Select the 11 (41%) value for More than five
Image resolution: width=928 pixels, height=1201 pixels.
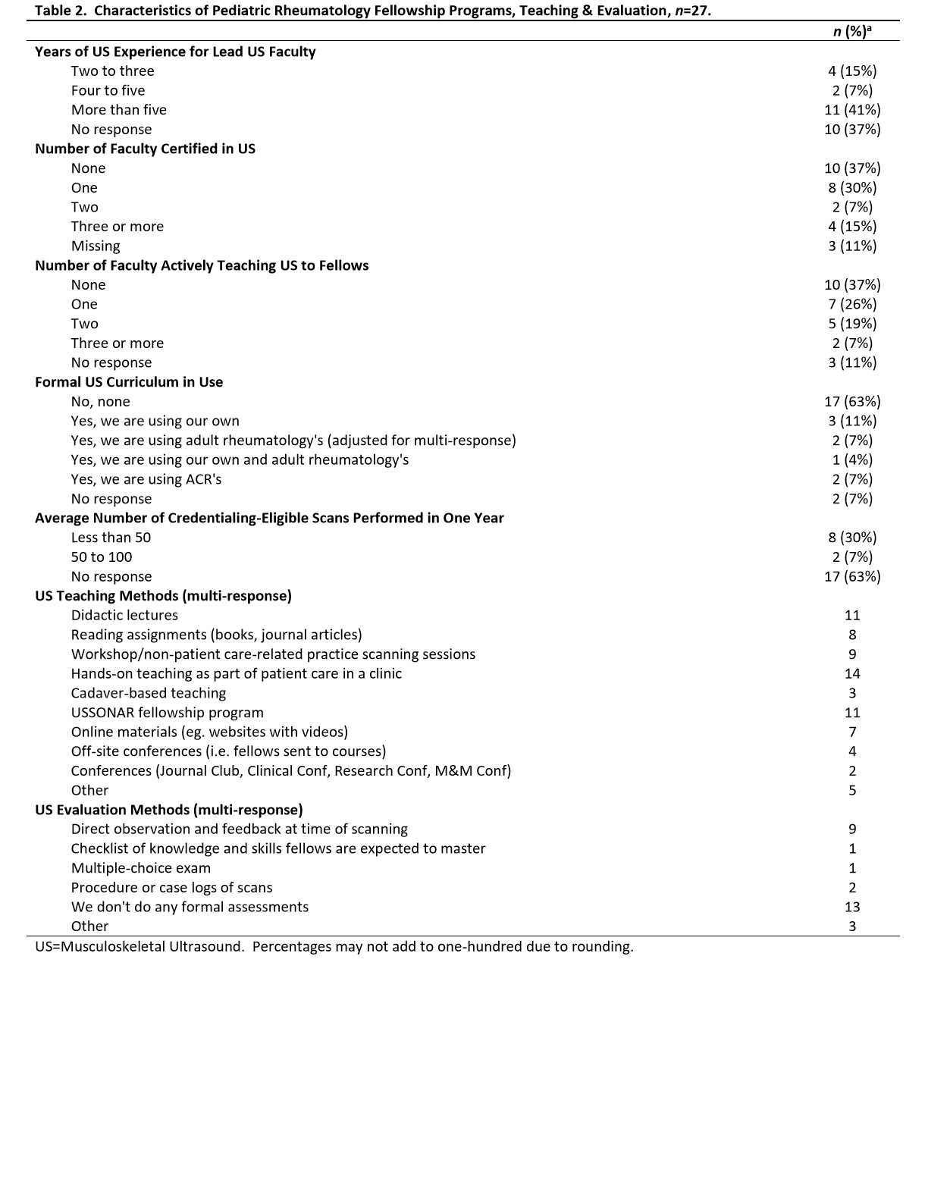tap(852, 110)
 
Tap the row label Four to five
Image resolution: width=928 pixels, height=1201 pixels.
tap(108, 90)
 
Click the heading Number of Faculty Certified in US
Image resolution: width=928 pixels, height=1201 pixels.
tap(145, 149)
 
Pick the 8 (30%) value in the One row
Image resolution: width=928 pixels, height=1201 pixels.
tap(852, 188)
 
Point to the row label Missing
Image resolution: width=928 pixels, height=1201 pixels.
tap(96, 246)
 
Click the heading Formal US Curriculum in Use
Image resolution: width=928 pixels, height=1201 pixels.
tap(129, 382)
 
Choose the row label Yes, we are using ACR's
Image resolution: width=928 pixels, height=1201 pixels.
tap(146, 479)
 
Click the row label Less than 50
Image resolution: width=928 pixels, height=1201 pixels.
tap(111, 538)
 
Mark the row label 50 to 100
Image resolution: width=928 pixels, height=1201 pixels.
tap(102, 557)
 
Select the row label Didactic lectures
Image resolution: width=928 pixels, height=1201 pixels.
tap(124, 616)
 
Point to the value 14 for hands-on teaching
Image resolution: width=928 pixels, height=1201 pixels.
tap(852, 674)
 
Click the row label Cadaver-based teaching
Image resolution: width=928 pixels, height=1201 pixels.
tap(149, 693)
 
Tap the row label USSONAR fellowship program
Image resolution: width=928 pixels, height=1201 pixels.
tap(168, 713)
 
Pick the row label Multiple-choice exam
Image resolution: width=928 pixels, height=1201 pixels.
tap(141, 868)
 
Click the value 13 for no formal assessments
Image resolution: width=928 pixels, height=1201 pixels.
tap(852, 907)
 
